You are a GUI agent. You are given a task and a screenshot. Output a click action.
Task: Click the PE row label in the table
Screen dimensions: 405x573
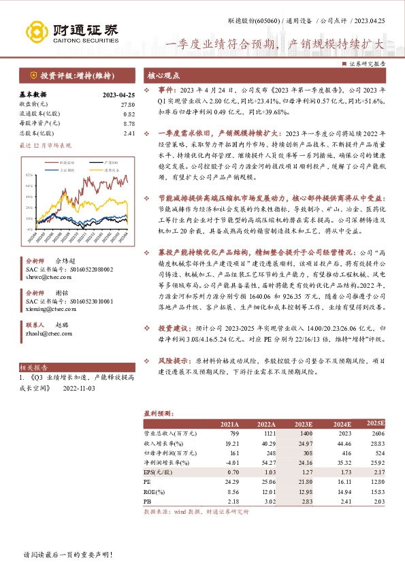pos(147,480)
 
